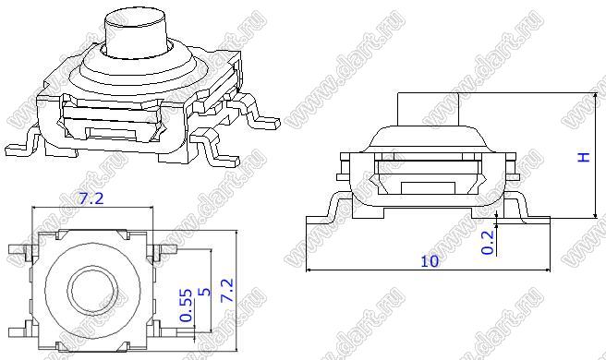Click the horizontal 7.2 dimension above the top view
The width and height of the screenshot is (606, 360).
[x=91, y=199]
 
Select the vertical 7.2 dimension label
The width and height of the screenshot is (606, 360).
[x=226, y=290]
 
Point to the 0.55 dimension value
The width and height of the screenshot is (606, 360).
[x=186, y=306]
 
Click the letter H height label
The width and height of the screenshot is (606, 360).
[x=584, y=157]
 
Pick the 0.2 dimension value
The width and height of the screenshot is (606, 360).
[x=488, y=242]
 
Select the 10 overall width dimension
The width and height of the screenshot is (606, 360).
[x=430, y=261]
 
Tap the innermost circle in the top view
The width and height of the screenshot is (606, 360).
[x=92, y=289]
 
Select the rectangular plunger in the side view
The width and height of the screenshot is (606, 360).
[x=429, y=109]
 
